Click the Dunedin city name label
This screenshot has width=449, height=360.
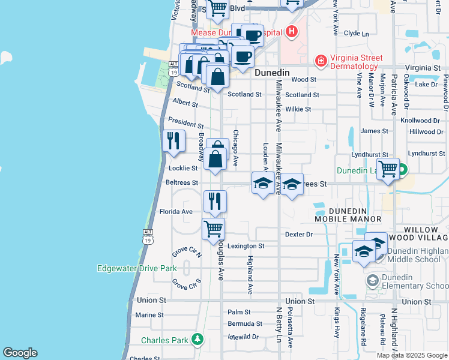272,73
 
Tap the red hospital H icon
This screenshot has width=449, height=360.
292,31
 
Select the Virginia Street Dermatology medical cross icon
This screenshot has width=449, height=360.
322,61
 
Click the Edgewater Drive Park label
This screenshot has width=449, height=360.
137,268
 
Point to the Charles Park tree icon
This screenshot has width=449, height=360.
197,340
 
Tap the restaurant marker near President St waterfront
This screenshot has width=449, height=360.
173,141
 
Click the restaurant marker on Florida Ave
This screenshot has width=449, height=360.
215,201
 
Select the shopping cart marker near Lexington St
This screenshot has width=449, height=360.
214,229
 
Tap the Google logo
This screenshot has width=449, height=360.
20,353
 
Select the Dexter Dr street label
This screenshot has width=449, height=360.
299,235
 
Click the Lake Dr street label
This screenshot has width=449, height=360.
427,84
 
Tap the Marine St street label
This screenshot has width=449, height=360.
149,314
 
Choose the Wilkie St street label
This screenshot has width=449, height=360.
298,109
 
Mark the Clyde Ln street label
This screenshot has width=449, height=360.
357,34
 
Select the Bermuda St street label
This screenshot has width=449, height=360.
245,323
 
